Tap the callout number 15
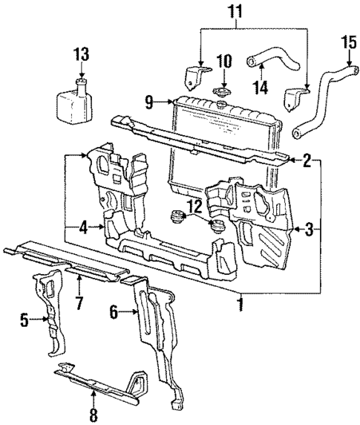(347, 40)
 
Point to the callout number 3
(315, 230)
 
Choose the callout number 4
(83, 229)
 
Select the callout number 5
(24, 320)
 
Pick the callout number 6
(114, 314)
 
